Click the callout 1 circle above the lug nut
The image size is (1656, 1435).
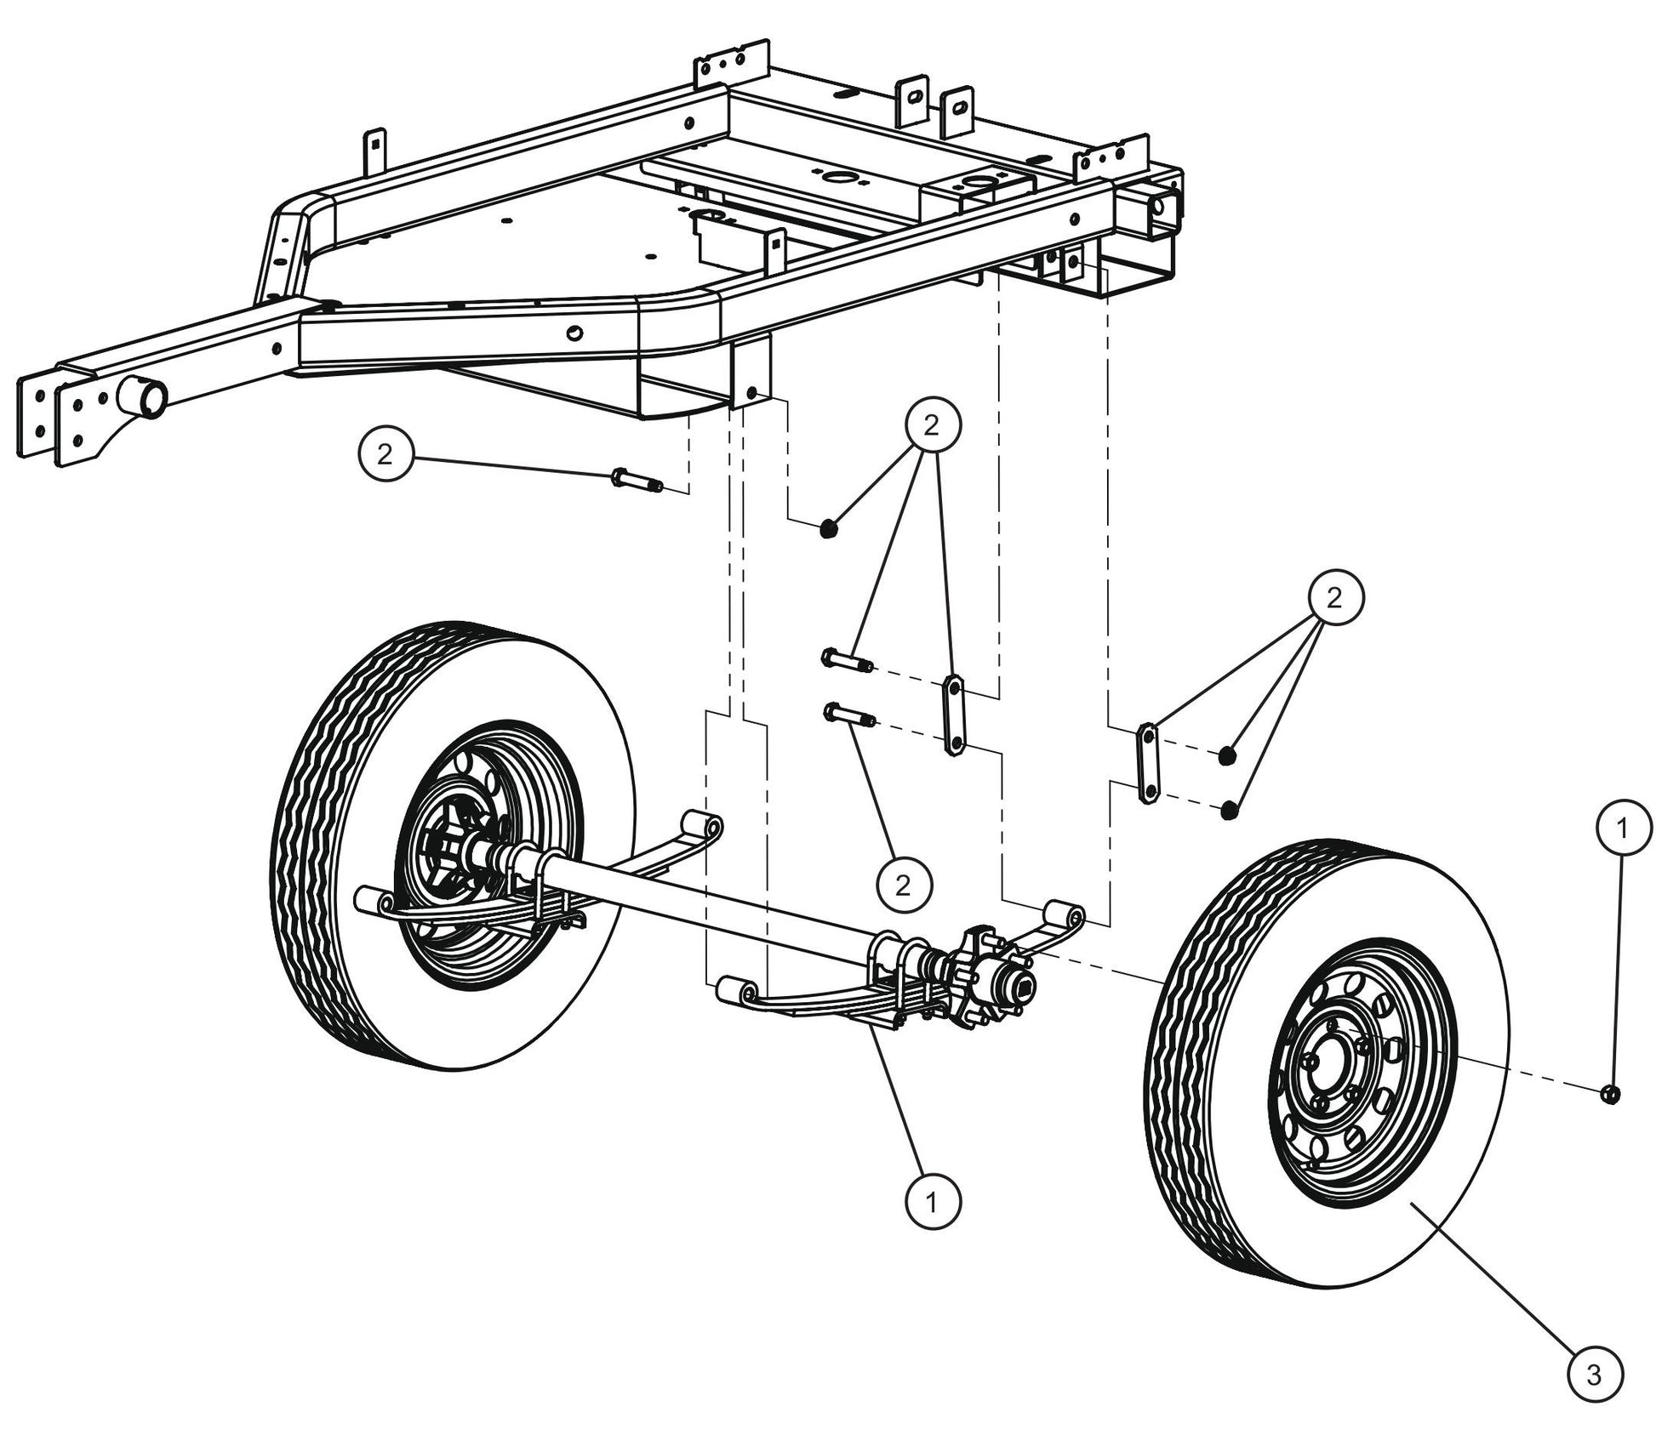[1622, 828]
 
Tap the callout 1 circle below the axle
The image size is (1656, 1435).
[932, 1202]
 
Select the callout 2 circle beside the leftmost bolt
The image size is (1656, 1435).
[385, 454]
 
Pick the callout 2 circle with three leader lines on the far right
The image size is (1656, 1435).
[1333, 598]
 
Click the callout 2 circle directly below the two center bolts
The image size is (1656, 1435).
[902, 885]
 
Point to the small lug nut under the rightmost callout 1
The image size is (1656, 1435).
[1608, 1094]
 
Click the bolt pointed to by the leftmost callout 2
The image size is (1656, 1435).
[636, 480]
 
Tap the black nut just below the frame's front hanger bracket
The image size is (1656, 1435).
[829, 529]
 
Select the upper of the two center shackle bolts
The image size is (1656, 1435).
[845, 658]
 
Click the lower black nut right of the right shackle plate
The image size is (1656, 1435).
[1227, 811]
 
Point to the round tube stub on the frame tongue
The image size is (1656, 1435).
[144, 398]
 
